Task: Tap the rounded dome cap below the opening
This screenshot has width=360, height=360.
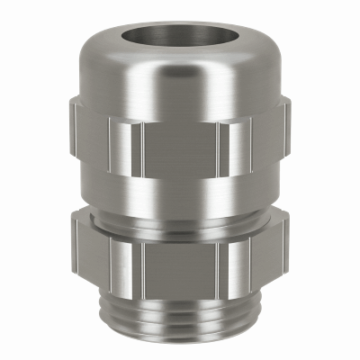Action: (180, 76)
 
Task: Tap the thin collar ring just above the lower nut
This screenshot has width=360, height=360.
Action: (180, 216)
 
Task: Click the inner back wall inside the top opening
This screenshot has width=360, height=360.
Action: (180, 25)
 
